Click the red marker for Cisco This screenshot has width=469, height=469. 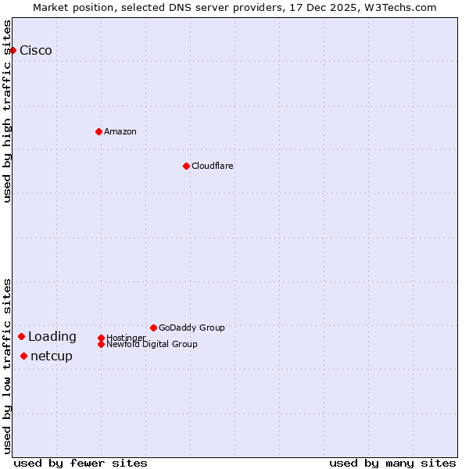click(13, 50)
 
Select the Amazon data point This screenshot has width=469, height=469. click(98, 131)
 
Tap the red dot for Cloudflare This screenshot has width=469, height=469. click(186, 166)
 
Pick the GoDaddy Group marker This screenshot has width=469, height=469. click(153, 328)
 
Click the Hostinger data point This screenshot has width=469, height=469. click(101, 338)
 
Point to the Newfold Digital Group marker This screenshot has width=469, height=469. click(101, 344)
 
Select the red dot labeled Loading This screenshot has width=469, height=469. click(21, 336)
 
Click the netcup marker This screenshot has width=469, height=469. click(23, 356)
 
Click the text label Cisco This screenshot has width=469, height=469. click(36, 51)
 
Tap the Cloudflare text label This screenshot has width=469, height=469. click(212, 166)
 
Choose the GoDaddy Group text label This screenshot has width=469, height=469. click(192, 328)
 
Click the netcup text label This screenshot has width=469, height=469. click(52, 356)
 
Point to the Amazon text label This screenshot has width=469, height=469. click(120, 131)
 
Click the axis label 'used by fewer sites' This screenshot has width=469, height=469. click(81, 463)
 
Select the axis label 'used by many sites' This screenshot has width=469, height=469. click(392, 463)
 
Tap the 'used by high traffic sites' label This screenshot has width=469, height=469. click(7, 111)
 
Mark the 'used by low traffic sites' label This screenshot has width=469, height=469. click(7, 365)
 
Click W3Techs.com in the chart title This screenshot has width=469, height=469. click(405, 7)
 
